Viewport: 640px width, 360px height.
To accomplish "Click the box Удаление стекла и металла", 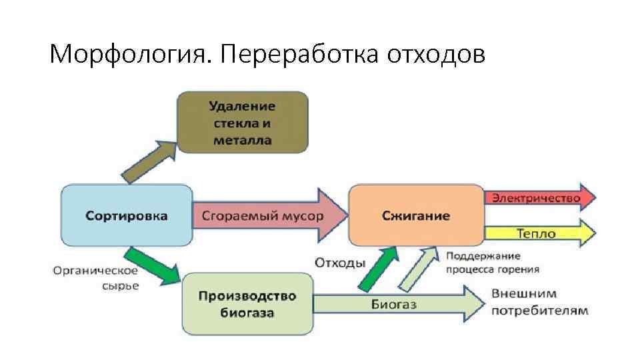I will point(243,123).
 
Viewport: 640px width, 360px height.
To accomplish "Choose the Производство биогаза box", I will point(247,304).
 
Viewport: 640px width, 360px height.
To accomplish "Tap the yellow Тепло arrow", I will point(540,233).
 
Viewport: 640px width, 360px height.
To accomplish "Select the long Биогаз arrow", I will point(400,304).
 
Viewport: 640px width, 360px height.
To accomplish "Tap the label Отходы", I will point(339,262).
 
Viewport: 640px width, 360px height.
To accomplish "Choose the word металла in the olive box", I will point(243,140).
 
